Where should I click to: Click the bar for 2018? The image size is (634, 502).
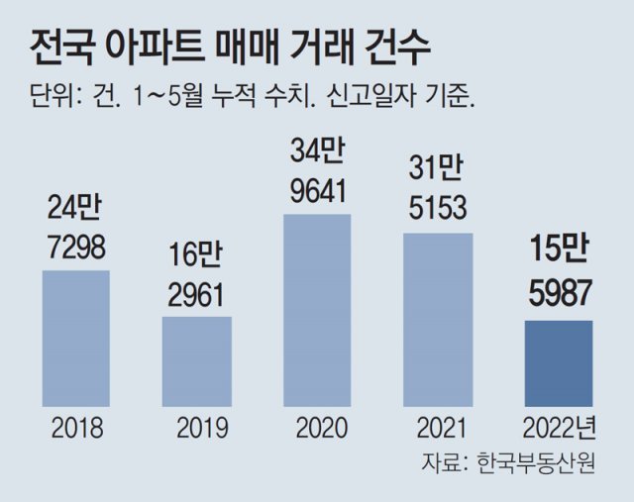76,338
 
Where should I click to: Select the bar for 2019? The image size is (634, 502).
196,360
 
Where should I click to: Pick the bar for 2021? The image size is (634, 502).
437,320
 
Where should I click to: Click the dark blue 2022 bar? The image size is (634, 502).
557,362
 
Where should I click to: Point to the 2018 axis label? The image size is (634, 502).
76,428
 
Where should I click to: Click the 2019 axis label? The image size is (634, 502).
196,428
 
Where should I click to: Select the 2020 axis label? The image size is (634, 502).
317,428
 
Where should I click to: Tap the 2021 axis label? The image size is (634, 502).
437,428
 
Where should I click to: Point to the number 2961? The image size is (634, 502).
196,294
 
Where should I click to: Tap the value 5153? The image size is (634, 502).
437,209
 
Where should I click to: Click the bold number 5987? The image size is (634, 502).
557,294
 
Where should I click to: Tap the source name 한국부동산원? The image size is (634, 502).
536,462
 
